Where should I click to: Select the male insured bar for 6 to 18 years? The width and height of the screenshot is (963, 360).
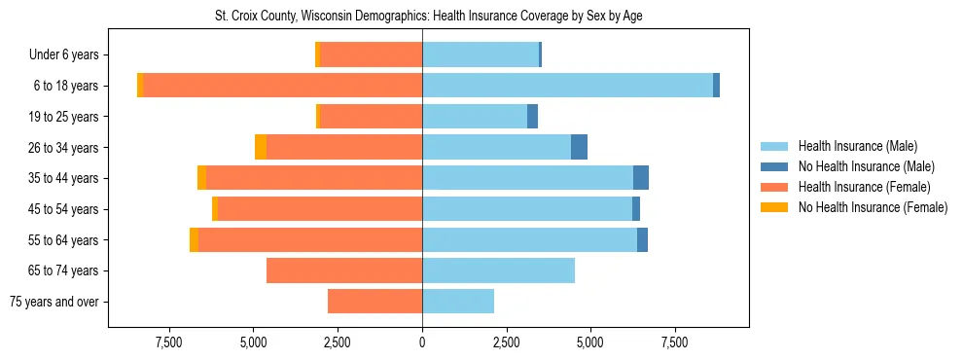coord(567,86)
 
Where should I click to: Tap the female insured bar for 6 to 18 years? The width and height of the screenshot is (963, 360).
coord(282,86)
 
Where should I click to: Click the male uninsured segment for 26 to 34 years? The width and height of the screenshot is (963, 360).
coord(579,147)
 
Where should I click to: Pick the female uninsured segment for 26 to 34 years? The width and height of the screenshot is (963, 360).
coord(261,147)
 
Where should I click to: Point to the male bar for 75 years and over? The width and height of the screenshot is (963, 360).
coord(458,302)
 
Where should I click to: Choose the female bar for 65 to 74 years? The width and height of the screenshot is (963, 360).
coord(344,270)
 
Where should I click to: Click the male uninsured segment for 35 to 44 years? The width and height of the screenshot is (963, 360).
coord(641,178)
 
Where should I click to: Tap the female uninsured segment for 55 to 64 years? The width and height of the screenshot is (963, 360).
coord(195,240)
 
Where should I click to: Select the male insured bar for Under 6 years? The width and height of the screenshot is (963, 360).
coord(481,54)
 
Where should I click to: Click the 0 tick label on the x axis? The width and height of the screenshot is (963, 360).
coord(422,342)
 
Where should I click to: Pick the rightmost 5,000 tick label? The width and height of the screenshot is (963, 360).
coord(590,342)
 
